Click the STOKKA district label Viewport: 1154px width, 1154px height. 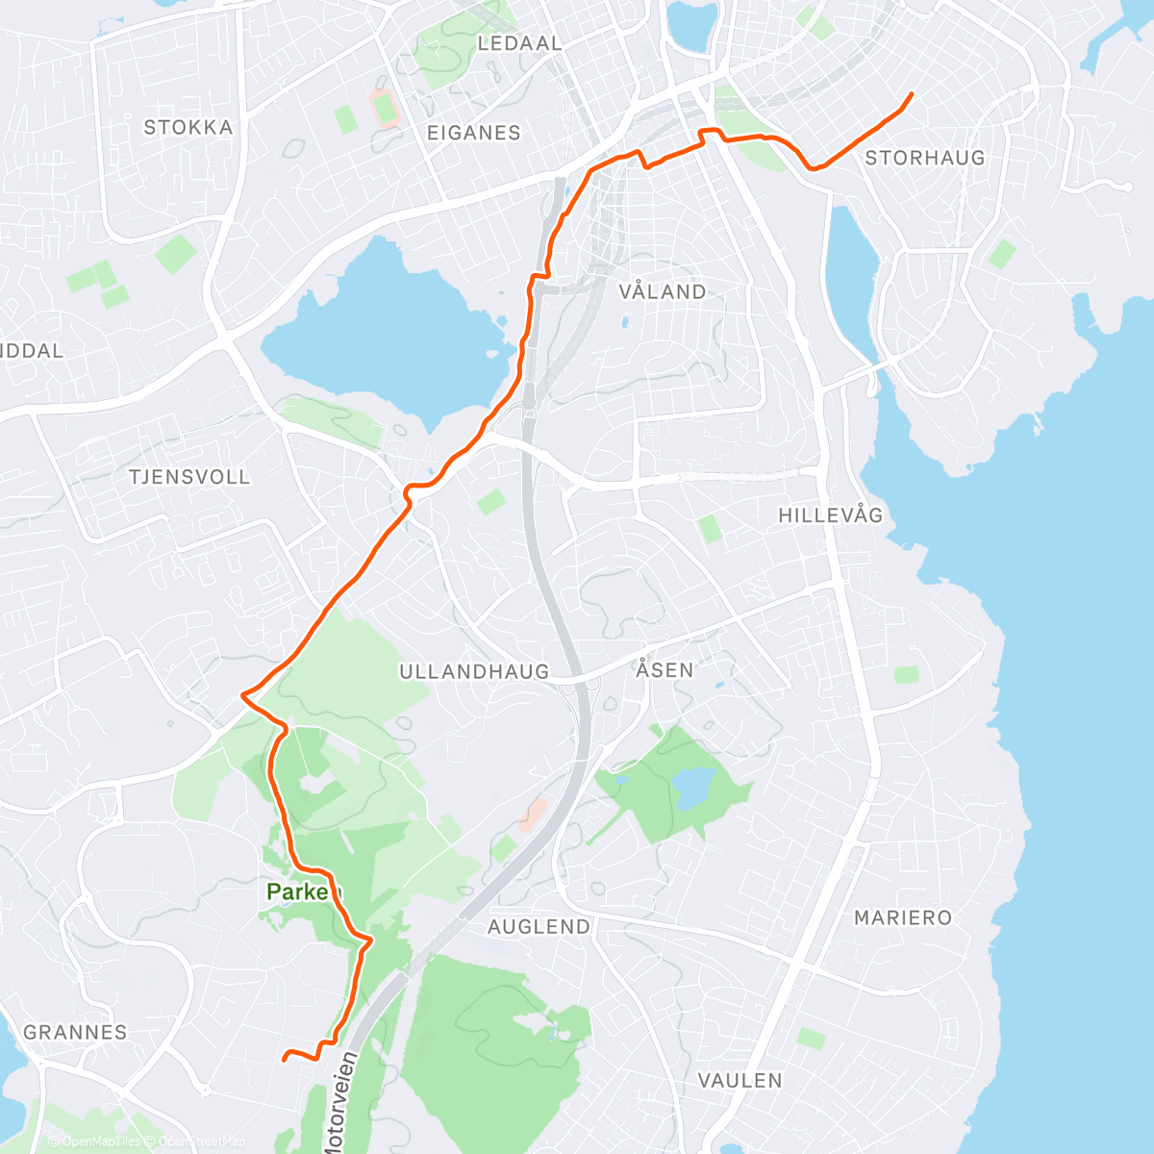[188, 127]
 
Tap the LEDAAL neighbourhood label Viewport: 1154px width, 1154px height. [519, 43]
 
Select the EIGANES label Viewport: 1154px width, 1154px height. [473, 133]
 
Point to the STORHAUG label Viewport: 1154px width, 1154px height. [925, 158]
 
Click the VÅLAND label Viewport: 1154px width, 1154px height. [663, 291]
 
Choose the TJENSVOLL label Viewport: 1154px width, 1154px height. [189, 476]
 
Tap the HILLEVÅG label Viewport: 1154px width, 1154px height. [830, 515]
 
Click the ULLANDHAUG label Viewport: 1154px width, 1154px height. [474, 671]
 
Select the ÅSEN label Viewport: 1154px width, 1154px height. [665, 668]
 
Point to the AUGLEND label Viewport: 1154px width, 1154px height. [539, 926]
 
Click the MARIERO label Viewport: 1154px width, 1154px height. [903, 917]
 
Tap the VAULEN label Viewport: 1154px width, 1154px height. [740, 1080]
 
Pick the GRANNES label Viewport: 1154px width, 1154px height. [75, 1032]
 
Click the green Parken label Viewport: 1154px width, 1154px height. [304, 892]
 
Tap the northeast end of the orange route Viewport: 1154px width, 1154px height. [910, 93]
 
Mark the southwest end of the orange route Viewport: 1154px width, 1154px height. [284, 1059]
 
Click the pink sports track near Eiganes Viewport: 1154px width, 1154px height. [385, 107]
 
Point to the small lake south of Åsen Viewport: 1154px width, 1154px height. [692, 787]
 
